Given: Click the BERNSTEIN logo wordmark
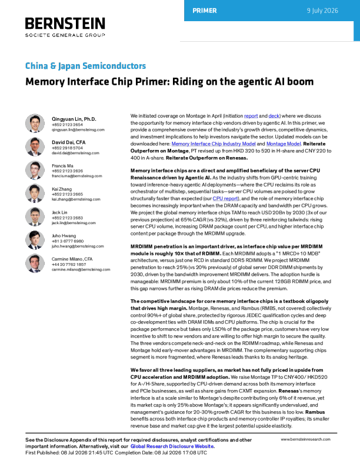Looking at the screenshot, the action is click(x=65, y=24).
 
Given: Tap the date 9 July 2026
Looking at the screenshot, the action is click(x=322, y=11).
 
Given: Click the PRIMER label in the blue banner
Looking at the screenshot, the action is click(x=205, y=11).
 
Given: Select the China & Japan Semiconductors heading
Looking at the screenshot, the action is click(x=85, y=66).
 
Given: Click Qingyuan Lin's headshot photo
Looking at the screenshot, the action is click(x=35, y=123).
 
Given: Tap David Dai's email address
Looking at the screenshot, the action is click(x=75, y=153).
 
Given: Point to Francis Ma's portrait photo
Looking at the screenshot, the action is click(x=35, y=170).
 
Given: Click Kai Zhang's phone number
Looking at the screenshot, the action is click(x=67, y=194).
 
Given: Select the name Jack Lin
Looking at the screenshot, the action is click(x=59, y=212).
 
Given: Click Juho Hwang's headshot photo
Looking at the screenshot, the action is click(x=35, y=240).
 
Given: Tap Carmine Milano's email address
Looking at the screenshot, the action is click(x=81, y=269).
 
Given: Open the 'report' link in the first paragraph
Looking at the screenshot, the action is click(x=251, y=116).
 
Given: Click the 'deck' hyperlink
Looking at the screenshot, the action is click(x=274, y=116).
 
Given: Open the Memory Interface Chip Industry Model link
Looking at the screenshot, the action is click(x=214, y=144).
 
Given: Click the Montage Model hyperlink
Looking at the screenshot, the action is click(x=284, y=144).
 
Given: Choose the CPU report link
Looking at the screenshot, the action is click(x=225, y=198).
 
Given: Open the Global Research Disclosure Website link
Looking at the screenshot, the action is click(x=172, y=447).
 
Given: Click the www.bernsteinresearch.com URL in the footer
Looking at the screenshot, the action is click(x=305, y=440).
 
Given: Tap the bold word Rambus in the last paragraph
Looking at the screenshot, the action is click(x=315, y=412).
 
